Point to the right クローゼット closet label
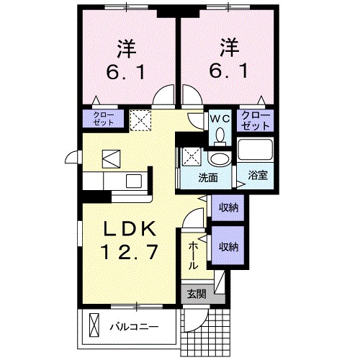256,120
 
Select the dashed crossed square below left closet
141,118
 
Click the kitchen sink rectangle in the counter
134,181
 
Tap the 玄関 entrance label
197,294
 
